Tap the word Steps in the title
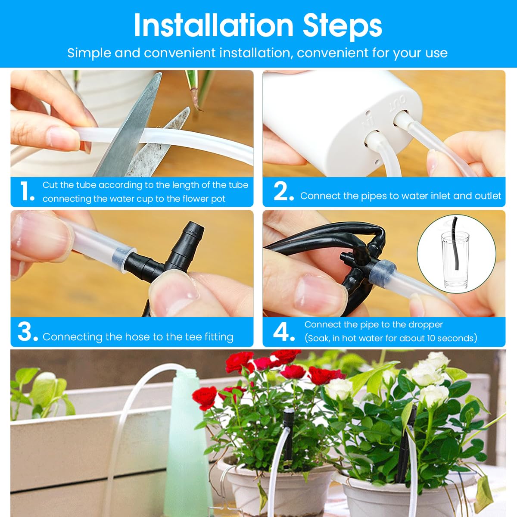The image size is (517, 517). [x=342, y=26]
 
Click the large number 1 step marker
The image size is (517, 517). [x=26, y=191]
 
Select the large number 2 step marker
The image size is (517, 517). [x=283, y=191]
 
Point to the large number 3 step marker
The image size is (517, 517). [x=27, y=332]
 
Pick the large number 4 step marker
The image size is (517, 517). [x=283, y=332]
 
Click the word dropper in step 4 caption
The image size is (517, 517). [x=426, y=324]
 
